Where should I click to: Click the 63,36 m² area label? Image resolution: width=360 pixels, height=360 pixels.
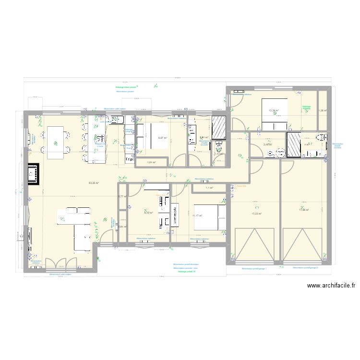point(94,183)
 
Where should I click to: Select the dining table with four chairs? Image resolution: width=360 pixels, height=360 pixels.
point(56,142)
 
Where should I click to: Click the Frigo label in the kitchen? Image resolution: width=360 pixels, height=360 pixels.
point(129,160)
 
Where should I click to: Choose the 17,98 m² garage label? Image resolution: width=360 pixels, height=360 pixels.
point(303,209)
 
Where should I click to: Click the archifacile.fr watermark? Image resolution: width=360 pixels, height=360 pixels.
point(331,285)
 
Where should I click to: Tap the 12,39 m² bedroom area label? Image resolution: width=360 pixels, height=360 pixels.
point(274,111)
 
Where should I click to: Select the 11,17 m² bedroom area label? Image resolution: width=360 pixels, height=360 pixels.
point(197,216)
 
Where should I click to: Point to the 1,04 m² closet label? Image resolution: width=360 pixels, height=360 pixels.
point(152,163)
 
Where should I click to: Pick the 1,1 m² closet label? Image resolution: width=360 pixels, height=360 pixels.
point(209,188)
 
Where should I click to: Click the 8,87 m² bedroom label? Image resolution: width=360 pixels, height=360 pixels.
point(163,138)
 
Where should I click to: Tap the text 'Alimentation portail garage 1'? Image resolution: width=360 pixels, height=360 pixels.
point(254,269)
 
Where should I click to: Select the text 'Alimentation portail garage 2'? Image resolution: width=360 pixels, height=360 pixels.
point(305,267)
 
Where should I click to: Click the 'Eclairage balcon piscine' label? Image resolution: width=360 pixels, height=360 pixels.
point(126,87)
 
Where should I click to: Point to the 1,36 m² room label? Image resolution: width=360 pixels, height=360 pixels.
point(323,111)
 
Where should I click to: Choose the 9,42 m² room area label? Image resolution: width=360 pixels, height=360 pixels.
point(148,213)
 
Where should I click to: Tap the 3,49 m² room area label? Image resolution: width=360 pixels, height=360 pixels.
point(267,144)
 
